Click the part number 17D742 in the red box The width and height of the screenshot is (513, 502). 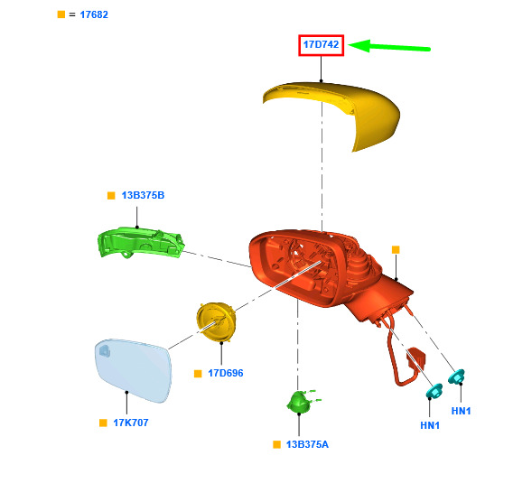click(321, 44)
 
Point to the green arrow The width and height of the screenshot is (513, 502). click(389, 46)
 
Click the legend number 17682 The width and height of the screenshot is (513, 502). click(94, 14)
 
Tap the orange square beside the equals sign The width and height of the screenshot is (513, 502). click(61, 14)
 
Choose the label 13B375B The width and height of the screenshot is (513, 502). click(143, 195)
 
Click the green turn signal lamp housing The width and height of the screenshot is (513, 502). click(141, 242)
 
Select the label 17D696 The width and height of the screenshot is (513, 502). click(226, 373)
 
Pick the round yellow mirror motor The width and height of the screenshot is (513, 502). click(216, 321)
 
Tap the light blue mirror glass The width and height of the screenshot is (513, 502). click(133, 370)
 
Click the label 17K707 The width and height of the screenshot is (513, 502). click(131, 423)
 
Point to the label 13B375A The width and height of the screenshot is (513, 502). click(307, 444)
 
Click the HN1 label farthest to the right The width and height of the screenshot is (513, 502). click(461, 411)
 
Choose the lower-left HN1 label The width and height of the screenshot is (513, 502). click(430, 425)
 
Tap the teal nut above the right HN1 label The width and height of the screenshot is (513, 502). click(457, 376)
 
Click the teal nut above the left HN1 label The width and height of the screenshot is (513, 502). click(434, 391)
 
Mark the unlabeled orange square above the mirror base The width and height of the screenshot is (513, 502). click(396, 250)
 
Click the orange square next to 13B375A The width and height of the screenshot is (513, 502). click(276, 444)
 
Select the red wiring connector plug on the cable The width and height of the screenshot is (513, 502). click(415, 358)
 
